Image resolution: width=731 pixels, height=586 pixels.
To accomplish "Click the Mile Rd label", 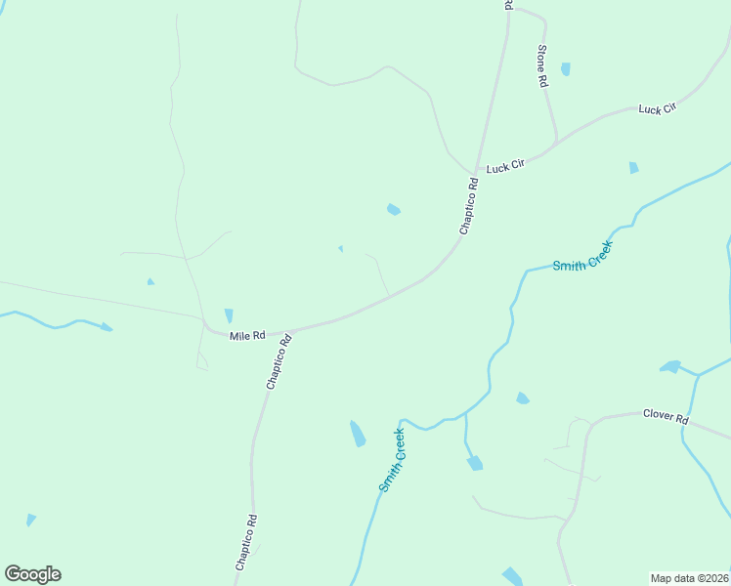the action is (x=247, y=336).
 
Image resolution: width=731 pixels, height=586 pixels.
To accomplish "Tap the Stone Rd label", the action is (x=541, y=66).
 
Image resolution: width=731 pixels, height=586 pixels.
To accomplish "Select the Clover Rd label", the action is (x=666, y=416).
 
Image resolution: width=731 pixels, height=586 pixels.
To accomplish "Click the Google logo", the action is (x=32, y=574).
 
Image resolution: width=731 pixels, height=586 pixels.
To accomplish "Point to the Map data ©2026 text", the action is (x=690, y=578).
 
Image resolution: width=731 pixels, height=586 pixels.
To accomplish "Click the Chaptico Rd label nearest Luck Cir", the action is (x=468, y=205).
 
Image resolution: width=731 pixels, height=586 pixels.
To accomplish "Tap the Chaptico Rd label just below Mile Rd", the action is (x=279, y=363).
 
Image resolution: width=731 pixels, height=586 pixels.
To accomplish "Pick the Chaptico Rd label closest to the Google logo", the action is (x=245, y=542).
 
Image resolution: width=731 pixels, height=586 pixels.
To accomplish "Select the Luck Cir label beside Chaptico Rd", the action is (x=505, y=167).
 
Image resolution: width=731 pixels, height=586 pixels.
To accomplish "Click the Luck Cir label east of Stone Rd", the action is (x=657, y=108).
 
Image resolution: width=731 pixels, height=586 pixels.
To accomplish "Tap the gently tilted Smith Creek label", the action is (x=582, y=256).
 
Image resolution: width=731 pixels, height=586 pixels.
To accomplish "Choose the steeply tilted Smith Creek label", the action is (x=392, y=459).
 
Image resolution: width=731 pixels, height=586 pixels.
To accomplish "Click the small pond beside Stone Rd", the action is (x=565, y=69).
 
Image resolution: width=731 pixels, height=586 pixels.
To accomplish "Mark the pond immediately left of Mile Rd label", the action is (x=229, y=315).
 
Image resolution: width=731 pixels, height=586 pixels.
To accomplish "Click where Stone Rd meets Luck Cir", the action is (x=556, y=146).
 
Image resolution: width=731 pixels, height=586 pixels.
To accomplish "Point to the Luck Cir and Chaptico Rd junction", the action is (x=476, y=173).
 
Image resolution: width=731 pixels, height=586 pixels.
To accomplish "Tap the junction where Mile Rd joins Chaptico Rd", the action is (x=291, y=330).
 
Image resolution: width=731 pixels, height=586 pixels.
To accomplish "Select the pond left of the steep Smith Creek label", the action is (x=358, y=433).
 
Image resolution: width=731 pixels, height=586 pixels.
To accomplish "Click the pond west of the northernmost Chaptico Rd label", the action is (x=393, y=209).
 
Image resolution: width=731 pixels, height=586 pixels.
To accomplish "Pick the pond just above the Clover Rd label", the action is (x=670, y=367).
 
